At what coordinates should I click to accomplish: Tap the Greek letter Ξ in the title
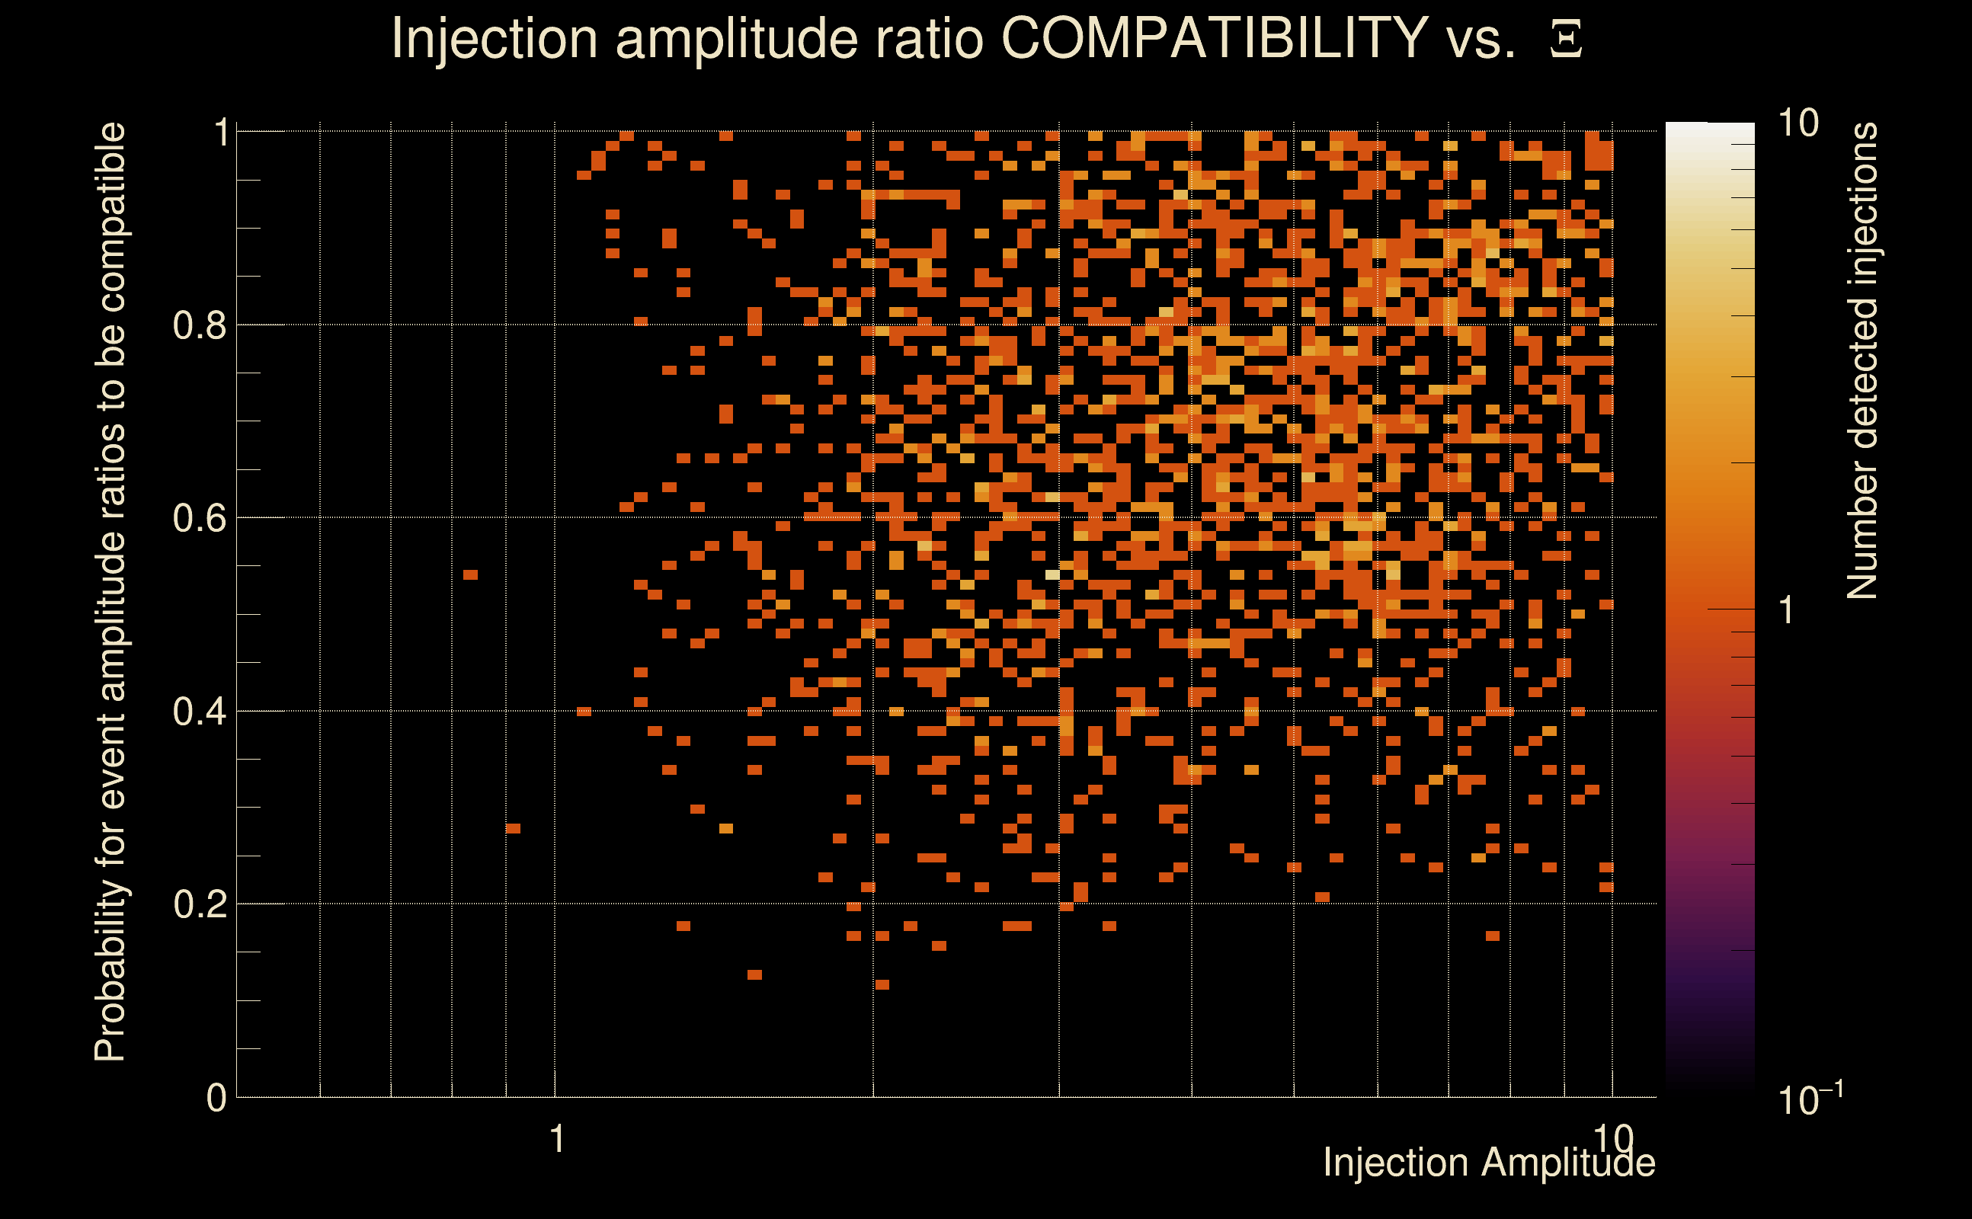(x=1566, y=39)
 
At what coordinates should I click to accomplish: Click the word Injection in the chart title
(x=494, y=39)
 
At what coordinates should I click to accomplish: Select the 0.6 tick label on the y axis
(x=199, y=517)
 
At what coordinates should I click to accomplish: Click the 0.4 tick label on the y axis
(x=199, y=711)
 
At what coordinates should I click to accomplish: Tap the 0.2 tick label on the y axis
(x=199, y=904)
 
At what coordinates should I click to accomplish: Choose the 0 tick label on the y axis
(x=216, y=1097)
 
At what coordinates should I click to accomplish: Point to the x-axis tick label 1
(x=556, y=1139)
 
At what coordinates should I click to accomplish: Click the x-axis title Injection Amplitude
(x=1489, y=1163)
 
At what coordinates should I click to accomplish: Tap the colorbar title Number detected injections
(x=1862, y=360)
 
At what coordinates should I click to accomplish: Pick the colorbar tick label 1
(x=1787, y=610)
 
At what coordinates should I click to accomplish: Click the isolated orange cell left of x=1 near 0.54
(x=471, y=574)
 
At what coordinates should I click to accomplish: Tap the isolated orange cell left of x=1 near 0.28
(x=513, y=829)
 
